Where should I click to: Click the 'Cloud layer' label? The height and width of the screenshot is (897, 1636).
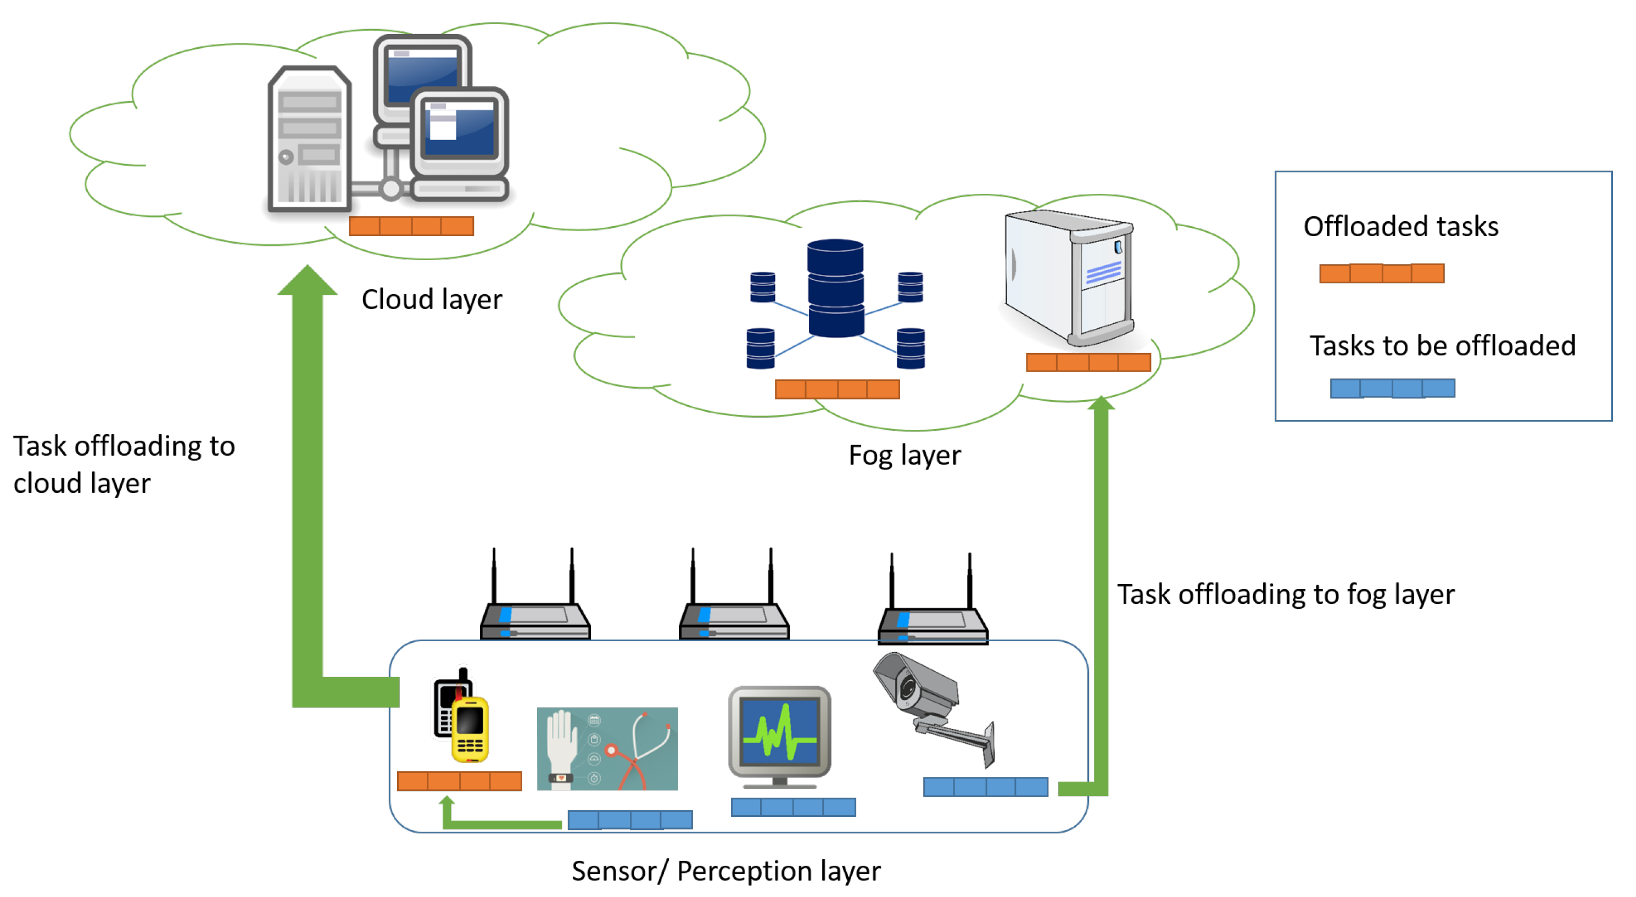pyautogui.click(x=431, y=300)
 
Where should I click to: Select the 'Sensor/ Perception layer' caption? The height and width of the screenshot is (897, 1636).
pyautogui.click(x=726, y=871)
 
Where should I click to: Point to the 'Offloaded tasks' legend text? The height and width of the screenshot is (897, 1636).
pyautogui.click(x=1400, y=227)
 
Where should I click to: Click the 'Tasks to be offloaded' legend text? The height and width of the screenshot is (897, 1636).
pyautogui.click(x=1442, y=346)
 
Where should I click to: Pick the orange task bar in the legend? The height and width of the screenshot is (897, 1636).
pyautogui.click(x=1381, y=273)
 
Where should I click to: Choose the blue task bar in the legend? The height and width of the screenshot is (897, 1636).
pyautogui.click(x=1392, y=389)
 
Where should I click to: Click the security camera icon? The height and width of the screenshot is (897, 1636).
pyautogui.click(x=934, y=708)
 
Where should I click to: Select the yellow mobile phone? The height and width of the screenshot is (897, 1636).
pyautogui.click(x=471, y=730)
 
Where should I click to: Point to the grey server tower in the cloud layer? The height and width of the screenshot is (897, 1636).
pyautogui.click(x=309, y=138)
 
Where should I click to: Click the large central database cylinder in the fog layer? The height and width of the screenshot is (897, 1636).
pyautogui.click(x=835, y=288)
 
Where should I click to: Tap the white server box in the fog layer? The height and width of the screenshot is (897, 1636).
pyautogui.click(x=1068, y=277)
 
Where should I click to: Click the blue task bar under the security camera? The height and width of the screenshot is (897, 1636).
pyautogui.click(x=985, y=787)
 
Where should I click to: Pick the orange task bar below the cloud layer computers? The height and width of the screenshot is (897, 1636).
pyautogui.click(x=411, y=226)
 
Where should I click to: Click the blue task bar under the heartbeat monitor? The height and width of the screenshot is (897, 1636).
pyautogui.click(x=793, y=808)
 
